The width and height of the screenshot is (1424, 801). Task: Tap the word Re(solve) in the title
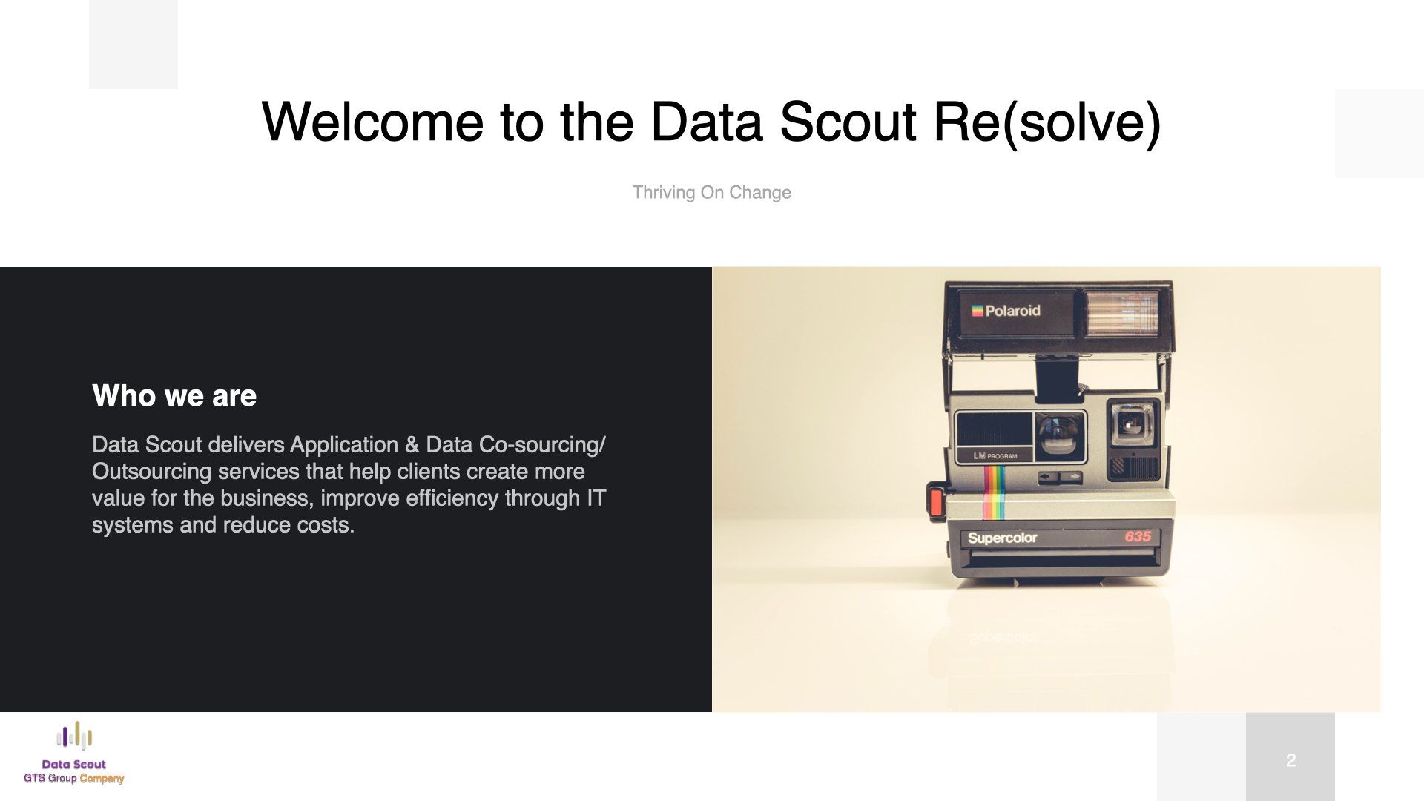[1047, 123]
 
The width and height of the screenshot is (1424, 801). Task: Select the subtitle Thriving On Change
[711, 193]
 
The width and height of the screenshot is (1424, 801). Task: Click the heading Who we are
[174, 396]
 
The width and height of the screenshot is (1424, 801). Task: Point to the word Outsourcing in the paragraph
[151, 472]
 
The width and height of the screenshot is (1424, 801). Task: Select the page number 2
[1290, 760]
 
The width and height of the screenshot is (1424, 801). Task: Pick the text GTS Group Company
[74, 779]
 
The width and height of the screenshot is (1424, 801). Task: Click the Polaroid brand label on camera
[1006, 311]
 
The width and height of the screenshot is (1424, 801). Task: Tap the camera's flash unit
[1122, 312]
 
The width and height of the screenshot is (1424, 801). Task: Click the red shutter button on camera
[936, 502]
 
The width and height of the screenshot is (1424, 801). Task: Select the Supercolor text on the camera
[1002, 538]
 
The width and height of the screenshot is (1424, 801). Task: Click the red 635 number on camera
[1138, 536]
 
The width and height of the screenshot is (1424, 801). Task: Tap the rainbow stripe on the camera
[994, 492]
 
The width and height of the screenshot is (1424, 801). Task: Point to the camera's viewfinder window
[1132, 424]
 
